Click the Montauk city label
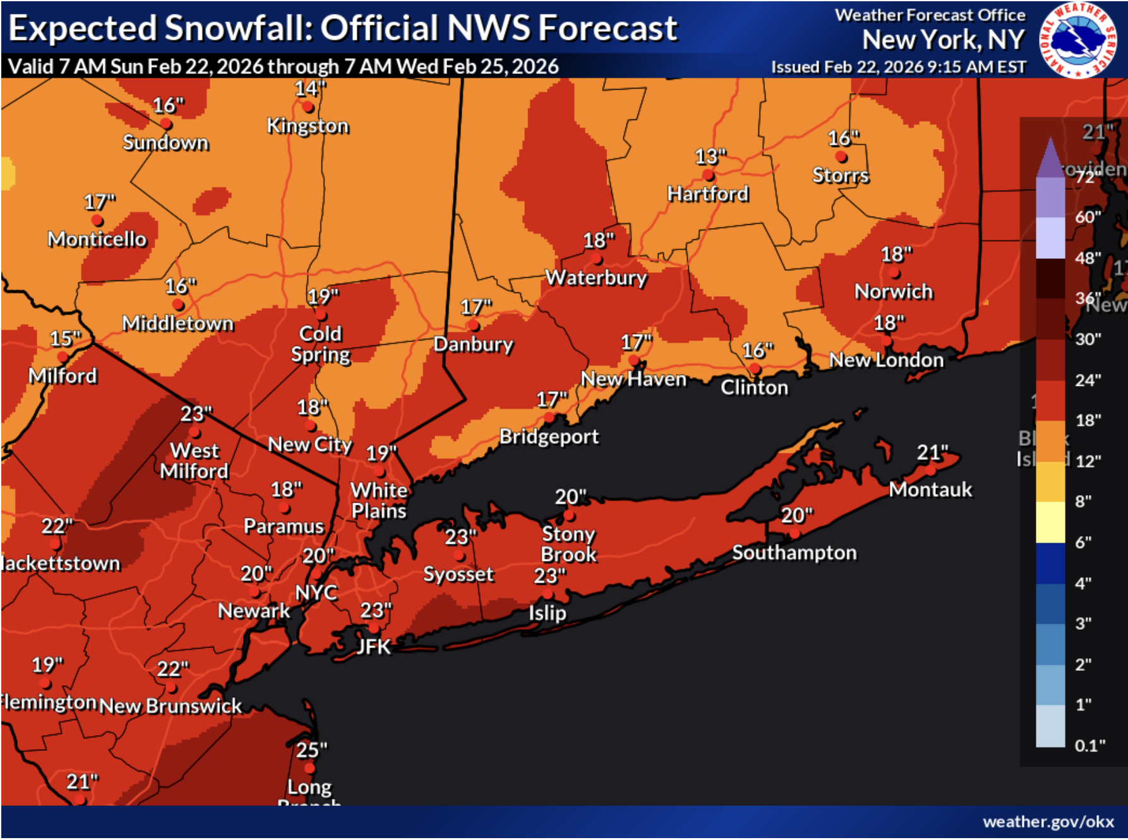930,489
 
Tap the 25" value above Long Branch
311,750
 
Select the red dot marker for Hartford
708,175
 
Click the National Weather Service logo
1078,40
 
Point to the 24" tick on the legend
1088,380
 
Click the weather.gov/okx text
1048,822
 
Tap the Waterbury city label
596,277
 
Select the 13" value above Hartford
711,156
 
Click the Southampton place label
794,553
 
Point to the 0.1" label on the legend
1089,745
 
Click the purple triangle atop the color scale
1050,158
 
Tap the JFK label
373,647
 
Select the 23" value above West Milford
196,414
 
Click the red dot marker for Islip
548,595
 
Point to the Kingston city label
308,126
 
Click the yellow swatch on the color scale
1050,522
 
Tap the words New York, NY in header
942,40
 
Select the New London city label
886,360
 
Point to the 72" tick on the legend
1085,177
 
